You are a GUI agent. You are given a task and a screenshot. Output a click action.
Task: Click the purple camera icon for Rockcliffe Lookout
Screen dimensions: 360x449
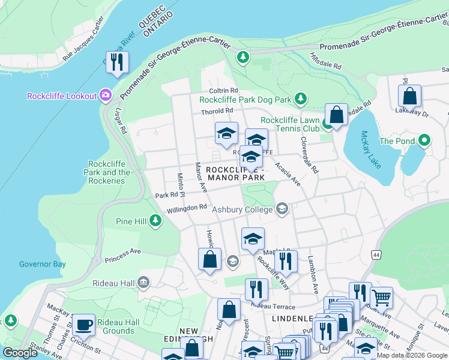tap(106, 96)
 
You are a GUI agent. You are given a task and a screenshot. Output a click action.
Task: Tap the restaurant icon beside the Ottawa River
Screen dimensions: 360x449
tap(117, 62)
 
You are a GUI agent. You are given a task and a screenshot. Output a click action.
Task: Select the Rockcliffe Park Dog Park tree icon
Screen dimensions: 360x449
tap(300, 98)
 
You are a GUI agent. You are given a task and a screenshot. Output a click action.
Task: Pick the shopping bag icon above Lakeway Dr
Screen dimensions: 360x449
tap(409, 95)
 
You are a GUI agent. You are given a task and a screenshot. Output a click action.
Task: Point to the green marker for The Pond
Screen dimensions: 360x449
tap(426, 141)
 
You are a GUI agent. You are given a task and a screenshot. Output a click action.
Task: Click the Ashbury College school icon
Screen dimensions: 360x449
tap(282, 209)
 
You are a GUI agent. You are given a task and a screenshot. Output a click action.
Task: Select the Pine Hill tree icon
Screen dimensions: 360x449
tap(155, 221)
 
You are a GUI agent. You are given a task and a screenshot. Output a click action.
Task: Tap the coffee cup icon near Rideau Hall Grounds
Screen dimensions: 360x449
tap(83, 325)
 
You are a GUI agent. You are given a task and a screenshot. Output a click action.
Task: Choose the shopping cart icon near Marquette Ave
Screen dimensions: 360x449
tap(381, 296)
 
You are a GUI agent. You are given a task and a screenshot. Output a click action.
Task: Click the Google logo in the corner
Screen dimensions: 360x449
tap(19, 353)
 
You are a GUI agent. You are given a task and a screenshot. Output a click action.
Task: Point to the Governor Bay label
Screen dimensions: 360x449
tap(42, 264)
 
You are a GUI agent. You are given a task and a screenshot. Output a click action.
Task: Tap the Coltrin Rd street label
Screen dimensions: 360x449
tap(224, 91)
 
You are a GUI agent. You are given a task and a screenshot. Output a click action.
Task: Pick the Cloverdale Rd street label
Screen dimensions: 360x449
tap(310, 154)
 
